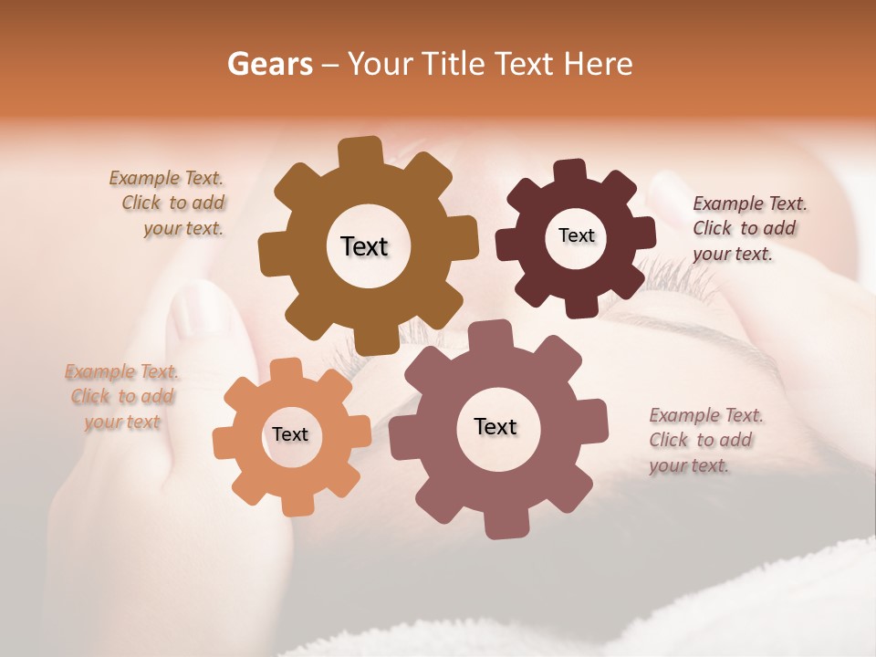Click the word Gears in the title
tap(269, 64)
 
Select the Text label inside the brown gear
tap(364, 246)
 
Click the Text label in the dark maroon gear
tap(576, 235)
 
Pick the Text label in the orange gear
tap(290, 434)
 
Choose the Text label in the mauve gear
tap(495, 426)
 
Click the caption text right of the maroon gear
tap(747, 228)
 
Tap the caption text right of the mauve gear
tap(704, 440)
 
